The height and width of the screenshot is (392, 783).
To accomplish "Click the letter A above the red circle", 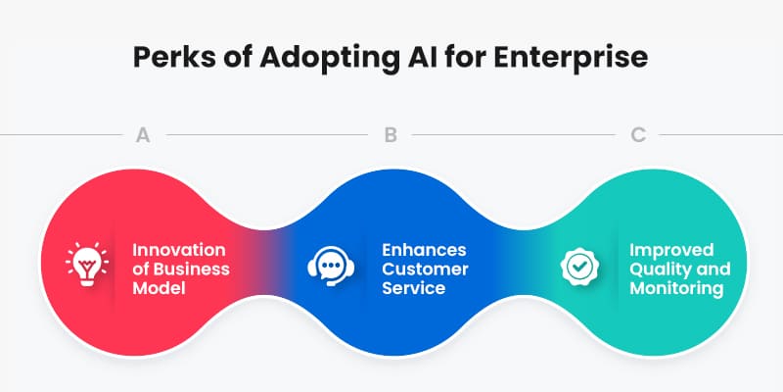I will pyautogui.click(x=142, y=134).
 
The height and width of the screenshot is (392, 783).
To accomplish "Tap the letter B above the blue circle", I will pyautogui.click(x=391, y=134).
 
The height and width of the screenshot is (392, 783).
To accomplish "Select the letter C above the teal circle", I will pyautogui.click(x=638, y=134).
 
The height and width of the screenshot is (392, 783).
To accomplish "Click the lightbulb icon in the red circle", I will pyautogui.click(x=83, y=264).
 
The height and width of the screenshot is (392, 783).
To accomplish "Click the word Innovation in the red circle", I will pyautogui.click(x=179, y=250).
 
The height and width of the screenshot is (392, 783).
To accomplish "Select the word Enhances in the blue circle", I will pyautogui.click(x=425, y=250).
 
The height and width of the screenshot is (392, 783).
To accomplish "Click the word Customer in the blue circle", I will pyautogui.click(x=425, y=269).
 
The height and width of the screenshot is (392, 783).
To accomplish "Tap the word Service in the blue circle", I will pyautogui.click(x=414, y=288).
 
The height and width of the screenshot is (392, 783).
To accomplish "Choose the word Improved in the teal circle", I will pyautogui.click(x=670, y=250).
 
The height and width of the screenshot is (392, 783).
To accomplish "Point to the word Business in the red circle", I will pyautogui.click(x=197, y=269).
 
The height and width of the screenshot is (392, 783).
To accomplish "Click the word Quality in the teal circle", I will pyautogui.click(x=655, y=269).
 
